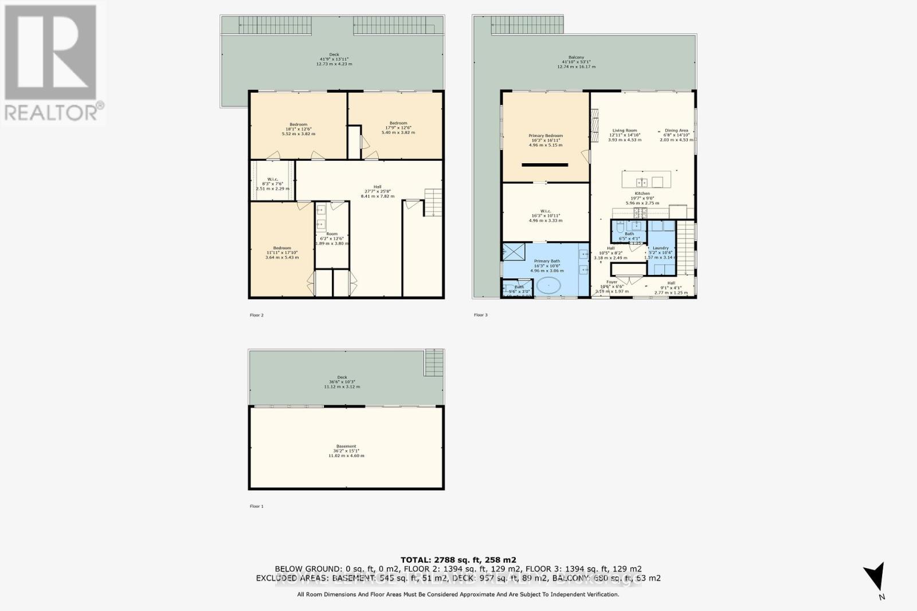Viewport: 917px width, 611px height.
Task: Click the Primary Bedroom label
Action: [x=545, y=140]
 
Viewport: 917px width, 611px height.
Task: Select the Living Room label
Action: [x=625, y=135]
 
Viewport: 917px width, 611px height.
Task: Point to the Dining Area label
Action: [x=676, y=135]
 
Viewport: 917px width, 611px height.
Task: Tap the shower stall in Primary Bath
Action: [x=513, y=253]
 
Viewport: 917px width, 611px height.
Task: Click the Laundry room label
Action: [x=660, y=252]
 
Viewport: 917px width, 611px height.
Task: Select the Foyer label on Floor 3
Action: [x=612, y=286]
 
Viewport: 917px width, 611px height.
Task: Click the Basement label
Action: [x=346, y=450]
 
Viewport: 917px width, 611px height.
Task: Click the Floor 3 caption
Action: [x=480, y=315]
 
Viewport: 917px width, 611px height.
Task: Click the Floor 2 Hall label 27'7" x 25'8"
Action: [x=377, y=191]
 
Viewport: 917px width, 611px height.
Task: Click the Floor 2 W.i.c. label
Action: [x=272, y=183]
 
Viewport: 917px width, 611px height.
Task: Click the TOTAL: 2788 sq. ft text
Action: [x=458, y=559]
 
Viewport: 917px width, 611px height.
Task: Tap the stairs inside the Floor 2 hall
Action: [x=433, y=203]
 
